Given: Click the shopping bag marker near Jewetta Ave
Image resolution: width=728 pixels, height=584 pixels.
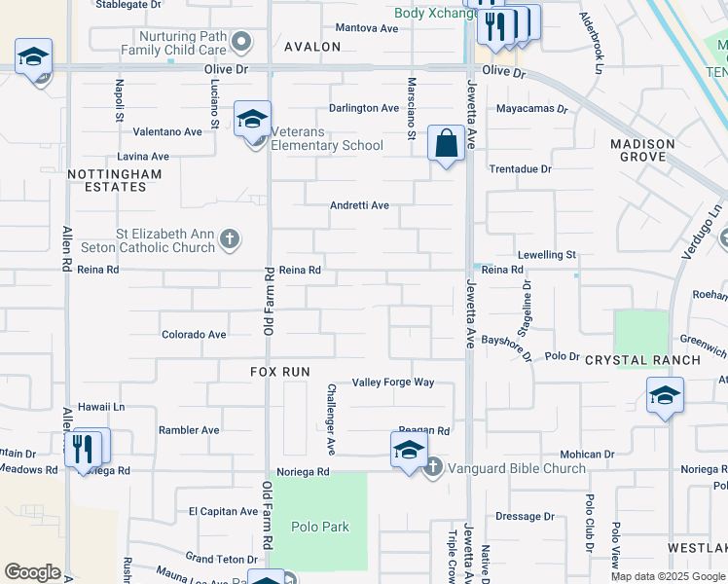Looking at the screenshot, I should [446, 145].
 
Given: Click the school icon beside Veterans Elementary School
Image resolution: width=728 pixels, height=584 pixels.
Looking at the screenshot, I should [252, 121].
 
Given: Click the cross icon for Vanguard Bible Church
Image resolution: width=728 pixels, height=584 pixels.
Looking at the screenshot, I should [434, 468].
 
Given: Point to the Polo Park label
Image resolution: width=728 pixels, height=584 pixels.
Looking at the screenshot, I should [320, 527].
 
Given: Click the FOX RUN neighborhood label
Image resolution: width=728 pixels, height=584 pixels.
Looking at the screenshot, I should [279, 372].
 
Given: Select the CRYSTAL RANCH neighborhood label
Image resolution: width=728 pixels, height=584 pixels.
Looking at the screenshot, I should [642, 360].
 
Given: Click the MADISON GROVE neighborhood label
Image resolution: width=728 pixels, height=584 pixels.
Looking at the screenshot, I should [642, 150].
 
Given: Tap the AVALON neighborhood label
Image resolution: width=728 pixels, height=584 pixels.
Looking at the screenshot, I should [312, 47].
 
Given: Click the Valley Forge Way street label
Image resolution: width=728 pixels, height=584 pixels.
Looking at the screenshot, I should [393, 383].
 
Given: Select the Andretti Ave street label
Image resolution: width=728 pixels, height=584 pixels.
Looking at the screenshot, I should [359, 205].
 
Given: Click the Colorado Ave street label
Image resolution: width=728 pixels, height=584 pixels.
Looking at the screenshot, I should [194, 334].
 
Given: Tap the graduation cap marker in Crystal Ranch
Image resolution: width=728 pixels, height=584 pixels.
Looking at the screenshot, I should [665, 396].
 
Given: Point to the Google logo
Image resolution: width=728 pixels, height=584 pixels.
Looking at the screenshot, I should [33, 572].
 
